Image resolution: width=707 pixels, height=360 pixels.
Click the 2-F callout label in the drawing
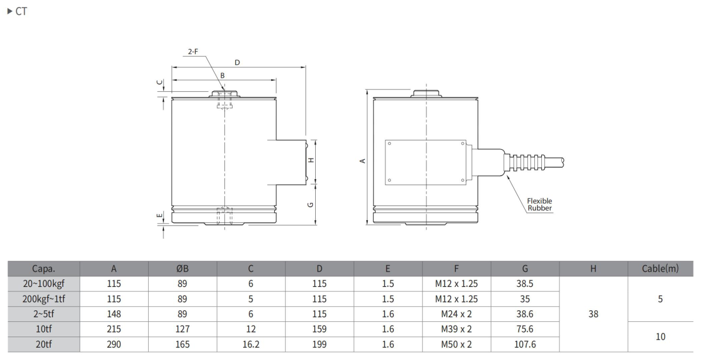point(192,52)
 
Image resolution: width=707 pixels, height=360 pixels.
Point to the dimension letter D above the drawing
point(237,62)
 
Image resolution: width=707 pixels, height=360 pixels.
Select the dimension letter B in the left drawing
point(222,75)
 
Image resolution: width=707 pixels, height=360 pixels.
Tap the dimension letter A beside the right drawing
point(362,160)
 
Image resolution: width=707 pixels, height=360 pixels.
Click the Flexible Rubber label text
point(539,204)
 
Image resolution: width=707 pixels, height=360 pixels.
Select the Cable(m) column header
point(661,269)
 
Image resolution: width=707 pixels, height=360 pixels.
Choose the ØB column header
point(182,269)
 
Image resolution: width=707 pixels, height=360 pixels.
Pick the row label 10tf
point(44,330)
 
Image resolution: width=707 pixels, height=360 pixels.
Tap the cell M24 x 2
point(457,314)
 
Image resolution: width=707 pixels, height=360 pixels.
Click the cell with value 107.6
point(525,345)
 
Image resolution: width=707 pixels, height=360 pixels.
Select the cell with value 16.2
point(251,345)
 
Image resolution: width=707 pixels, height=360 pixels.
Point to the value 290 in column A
point(114,345)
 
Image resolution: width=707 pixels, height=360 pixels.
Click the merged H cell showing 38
point(593,314)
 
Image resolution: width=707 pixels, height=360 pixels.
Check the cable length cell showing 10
point(661,337)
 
